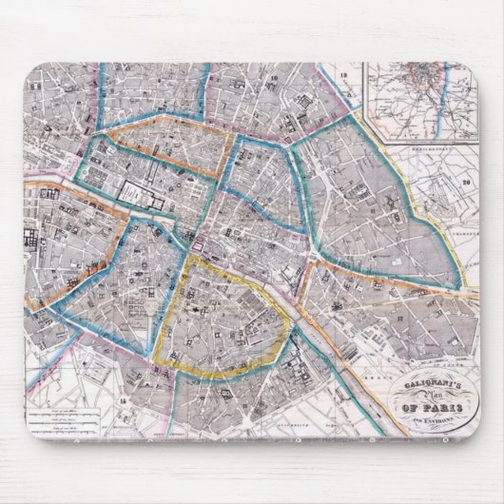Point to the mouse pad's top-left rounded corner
point(29,68)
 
